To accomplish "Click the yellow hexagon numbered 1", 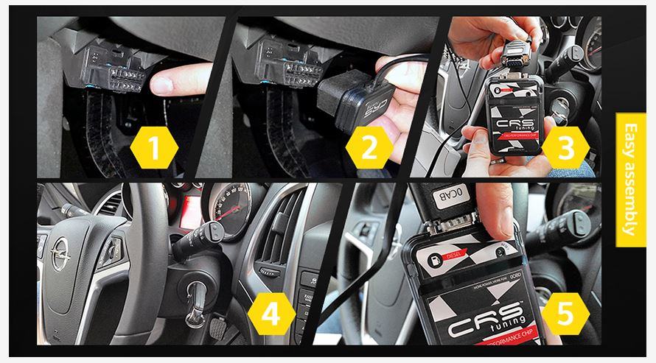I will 153,149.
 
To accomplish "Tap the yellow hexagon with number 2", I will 371,149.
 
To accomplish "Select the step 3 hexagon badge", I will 565,149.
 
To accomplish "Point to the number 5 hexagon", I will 564,315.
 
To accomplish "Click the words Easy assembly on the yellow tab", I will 630,178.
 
